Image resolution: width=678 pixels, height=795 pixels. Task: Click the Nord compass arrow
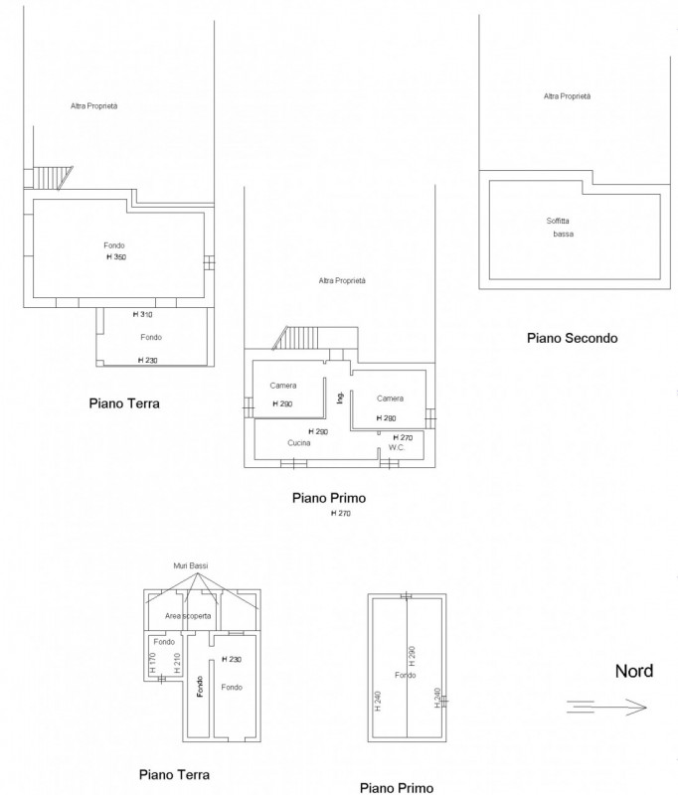606,707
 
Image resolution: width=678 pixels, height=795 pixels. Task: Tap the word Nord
634,672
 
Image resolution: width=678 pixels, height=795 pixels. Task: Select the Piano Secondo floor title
572,338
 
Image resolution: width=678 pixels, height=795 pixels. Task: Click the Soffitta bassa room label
560,228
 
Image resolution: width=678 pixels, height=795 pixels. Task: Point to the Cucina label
298,442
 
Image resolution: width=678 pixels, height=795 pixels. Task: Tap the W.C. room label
396,447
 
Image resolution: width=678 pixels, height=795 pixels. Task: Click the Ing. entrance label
340,397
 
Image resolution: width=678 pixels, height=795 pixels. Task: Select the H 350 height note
116,257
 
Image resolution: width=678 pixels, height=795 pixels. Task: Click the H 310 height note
142,314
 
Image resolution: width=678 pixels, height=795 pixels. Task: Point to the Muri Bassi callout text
191,565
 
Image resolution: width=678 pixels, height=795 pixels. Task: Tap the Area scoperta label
188,616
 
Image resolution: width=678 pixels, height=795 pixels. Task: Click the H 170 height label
153,663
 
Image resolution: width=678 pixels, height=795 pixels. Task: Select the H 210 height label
177,663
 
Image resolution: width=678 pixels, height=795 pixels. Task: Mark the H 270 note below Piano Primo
340,513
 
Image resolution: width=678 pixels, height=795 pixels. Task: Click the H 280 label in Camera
386,418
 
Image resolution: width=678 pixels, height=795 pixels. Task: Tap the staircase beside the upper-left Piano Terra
53,178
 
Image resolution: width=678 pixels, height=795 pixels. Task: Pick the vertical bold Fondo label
200,687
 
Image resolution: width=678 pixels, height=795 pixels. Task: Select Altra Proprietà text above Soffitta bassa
567,95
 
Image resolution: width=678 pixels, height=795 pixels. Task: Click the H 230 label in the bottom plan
232,659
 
